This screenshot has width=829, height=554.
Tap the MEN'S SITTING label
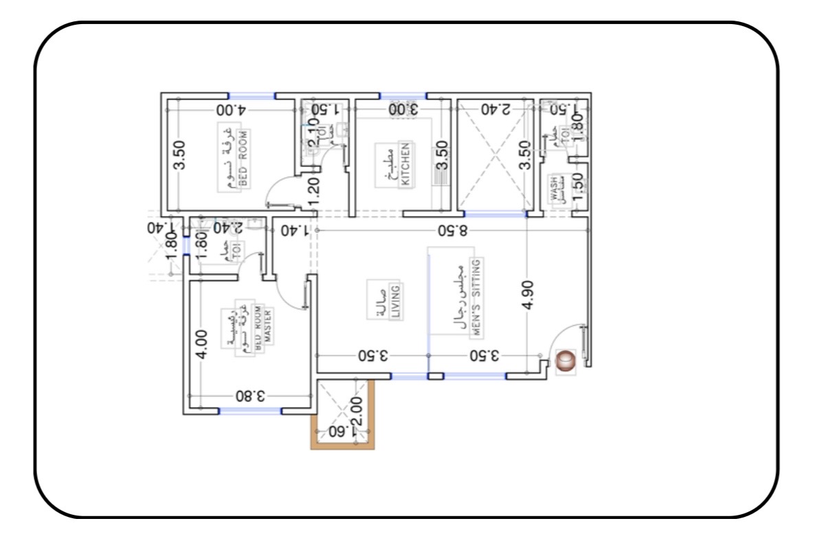476,296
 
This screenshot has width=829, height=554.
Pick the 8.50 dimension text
454,230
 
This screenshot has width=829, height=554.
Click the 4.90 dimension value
528,295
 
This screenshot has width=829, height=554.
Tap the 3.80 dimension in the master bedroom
251,396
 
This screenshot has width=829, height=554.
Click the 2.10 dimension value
313,133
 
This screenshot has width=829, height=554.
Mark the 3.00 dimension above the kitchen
403,109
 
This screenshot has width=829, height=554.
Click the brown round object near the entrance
566,361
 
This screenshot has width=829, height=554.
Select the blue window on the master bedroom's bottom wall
250,411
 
